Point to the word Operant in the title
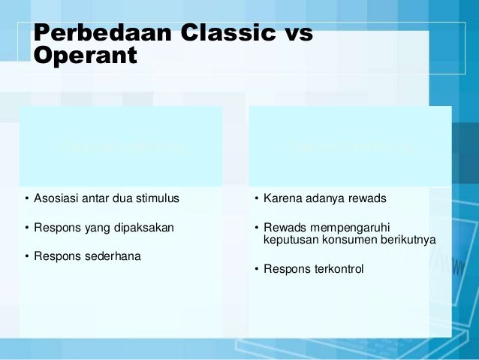pos(85,56)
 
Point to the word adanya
pos(324,199)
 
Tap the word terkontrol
pos(336,268)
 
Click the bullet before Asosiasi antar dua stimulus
pos(26,199)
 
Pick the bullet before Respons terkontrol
pos(256,268)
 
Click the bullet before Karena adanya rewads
pos(256,199)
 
